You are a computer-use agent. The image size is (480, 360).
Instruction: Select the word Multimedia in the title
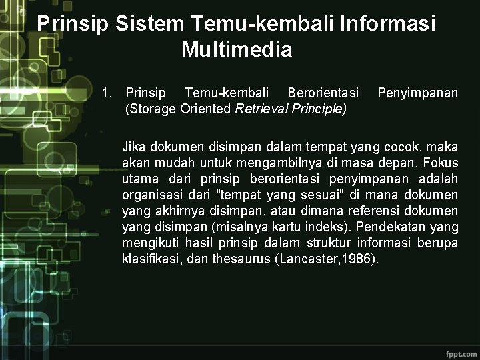point(237,49)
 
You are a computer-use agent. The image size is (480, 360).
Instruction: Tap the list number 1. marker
point(107,93)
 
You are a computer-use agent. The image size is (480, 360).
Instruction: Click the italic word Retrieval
point(260,109)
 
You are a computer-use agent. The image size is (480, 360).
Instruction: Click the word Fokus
point(440,162)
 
